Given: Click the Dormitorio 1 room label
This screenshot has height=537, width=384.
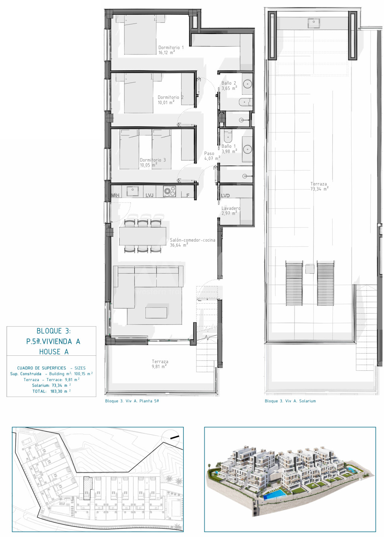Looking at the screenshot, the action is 171,47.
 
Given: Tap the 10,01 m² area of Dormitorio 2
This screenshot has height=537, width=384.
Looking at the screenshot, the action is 166,102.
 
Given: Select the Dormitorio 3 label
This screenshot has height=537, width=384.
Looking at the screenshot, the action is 153,160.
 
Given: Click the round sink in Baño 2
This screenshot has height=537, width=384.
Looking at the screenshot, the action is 247,84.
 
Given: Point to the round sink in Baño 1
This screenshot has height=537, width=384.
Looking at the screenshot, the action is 248,149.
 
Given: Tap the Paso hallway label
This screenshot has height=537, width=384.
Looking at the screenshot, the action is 209,153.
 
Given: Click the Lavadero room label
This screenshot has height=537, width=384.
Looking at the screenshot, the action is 231,208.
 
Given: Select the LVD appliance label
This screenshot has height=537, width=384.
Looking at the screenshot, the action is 225,196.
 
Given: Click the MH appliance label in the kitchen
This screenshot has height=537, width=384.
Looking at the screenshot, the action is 115,195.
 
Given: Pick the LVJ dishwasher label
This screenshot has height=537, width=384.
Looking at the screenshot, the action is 149,195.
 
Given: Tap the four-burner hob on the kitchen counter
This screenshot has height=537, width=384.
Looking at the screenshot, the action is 170,191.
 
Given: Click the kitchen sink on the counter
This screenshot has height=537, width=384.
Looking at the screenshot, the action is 133,191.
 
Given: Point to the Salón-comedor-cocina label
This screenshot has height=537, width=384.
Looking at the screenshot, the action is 192,240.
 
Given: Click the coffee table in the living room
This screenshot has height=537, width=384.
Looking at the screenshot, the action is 156,313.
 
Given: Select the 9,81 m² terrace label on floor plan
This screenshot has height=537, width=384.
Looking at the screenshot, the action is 159,367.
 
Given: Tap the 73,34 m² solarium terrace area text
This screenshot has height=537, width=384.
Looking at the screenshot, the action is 319,189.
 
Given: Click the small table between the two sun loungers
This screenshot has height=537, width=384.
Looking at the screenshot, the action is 310,269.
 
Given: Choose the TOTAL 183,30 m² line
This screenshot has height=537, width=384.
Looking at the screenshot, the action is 51,391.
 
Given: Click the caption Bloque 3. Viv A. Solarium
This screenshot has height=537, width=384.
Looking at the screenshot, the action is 290,401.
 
